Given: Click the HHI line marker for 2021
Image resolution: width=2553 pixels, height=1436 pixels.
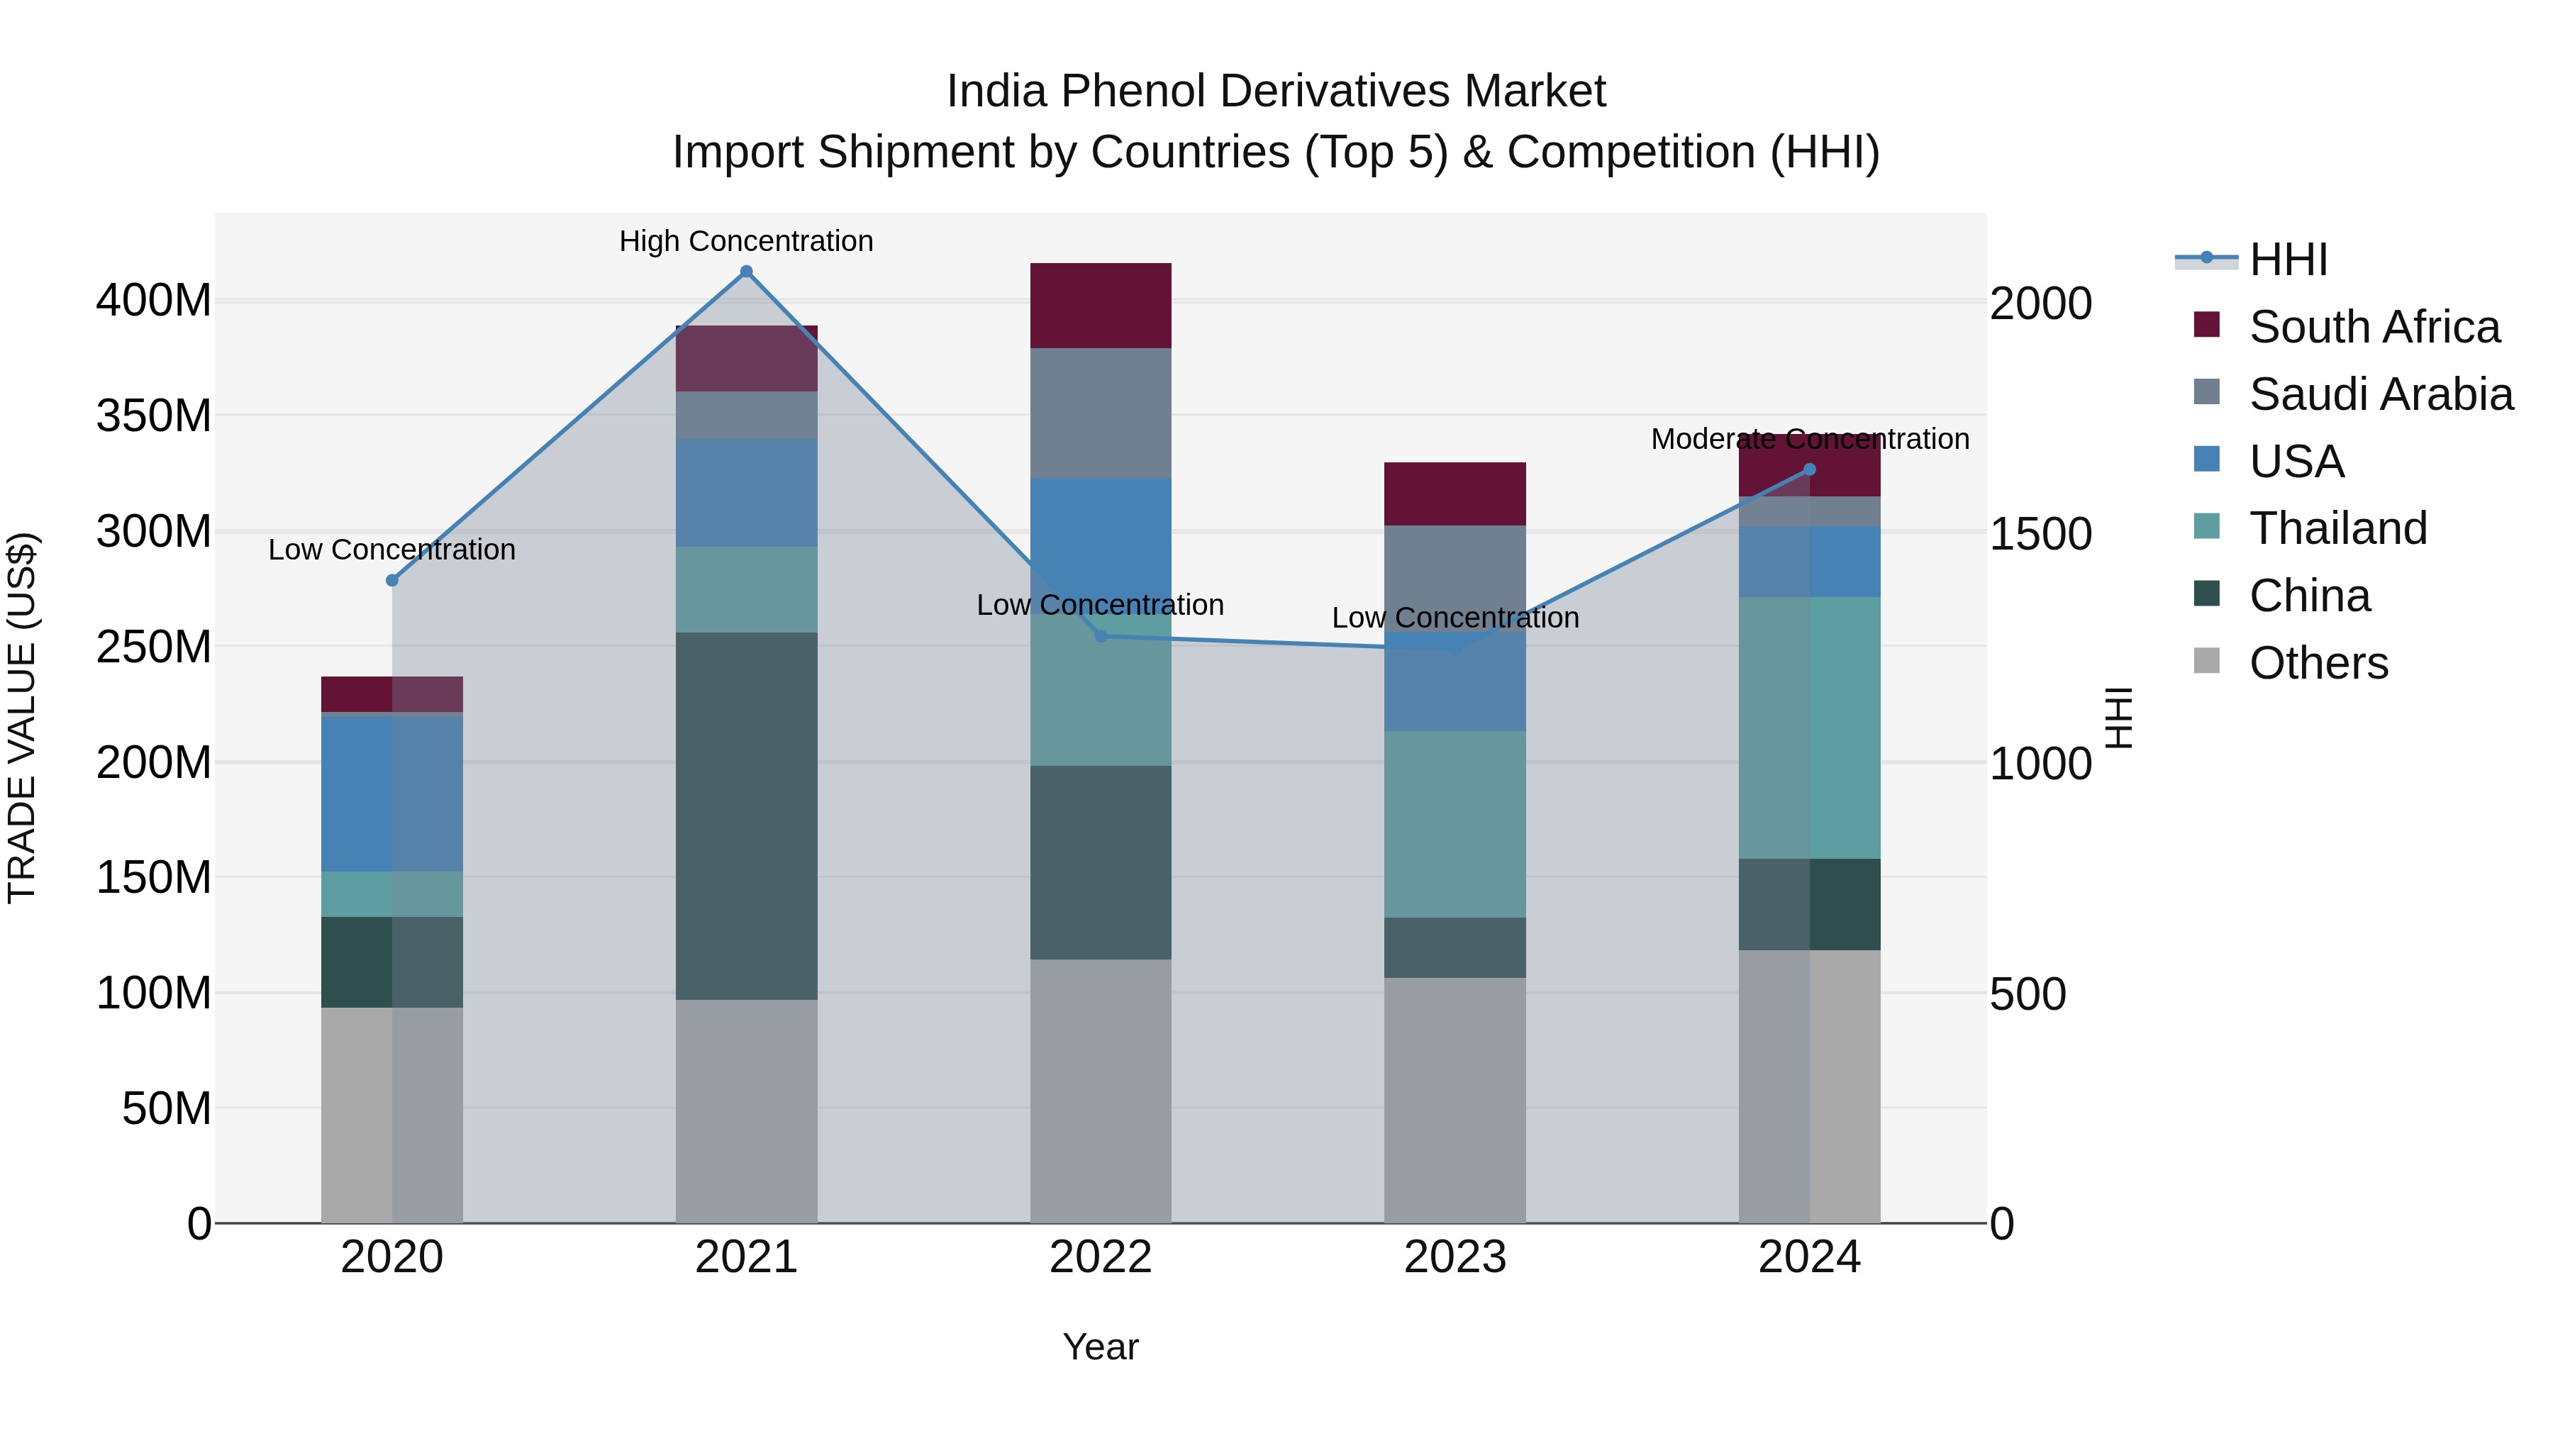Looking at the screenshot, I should coord(746,272).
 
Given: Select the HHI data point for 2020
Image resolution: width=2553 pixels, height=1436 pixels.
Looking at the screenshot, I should coord(391,580).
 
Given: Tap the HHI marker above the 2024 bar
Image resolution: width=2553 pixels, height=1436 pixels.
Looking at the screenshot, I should coord(1810,469).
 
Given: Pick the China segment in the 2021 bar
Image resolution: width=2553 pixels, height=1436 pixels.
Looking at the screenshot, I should coord(746,815).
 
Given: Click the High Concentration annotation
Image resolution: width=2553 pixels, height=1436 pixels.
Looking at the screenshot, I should coord(746,241).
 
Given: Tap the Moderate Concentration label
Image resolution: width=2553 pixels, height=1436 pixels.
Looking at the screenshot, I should coord(1810,439).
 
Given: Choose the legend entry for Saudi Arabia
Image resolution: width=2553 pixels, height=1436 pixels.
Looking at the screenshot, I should coord(2381,394).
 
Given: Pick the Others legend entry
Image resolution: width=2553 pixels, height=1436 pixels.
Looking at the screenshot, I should coord(2318,663).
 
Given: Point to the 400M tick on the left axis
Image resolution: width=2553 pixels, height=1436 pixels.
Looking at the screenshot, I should coord(154,299).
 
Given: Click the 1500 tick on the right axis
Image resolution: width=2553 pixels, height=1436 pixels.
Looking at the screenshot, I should coord(2040,533).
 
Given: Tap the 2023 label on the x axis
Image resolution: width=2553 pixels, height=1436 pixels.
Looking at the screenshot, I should coord(1455,1257).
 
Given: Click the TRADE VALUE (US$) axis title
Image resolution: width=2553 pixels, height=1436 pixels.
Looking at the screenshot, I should coord(23,718).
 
